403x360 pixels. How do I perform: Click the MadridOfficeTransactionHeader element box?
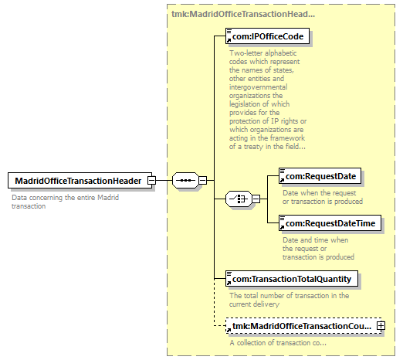coord(80,181)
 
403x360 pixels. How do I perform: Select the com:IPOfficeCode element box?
coord(267,36)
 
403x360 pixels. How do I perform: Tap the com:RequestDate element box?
coord(320,176)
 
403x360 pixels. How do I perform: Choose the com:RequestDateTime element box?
coord(330,223)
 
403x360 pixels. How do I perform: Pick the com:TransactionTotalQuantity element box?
coord(292,278)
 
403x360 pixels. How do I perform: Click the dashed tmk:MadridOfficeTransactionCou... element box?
coord(303,326)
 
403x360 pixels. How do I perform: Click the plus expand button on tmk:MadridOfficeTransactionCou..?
coord(381,326)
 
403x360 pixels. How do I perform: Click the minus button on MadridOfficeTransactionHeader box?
coord(151,180)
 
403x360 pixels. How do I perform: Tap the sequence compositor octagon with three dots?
coord(185,180)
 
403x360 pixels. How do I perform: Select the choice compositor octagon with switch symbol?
coord(239,199)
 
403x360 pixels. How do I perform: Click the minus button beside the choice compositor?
coord(256,199)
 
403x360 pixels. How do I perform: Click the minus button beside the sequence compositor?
coord(202,180)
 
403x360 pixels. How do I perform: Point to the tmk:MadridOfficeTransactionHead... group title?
coord(243,14)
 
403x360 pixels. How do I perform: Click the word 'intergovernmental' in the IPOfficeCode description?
coord(259,87)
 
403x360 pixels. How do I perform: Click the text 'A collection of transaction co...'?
coord(278,343)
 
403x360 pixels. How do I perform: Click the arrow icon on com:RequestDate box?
coord(282,180)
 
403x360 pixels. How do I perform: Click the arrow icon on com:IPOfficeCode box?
coord(229,40)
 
